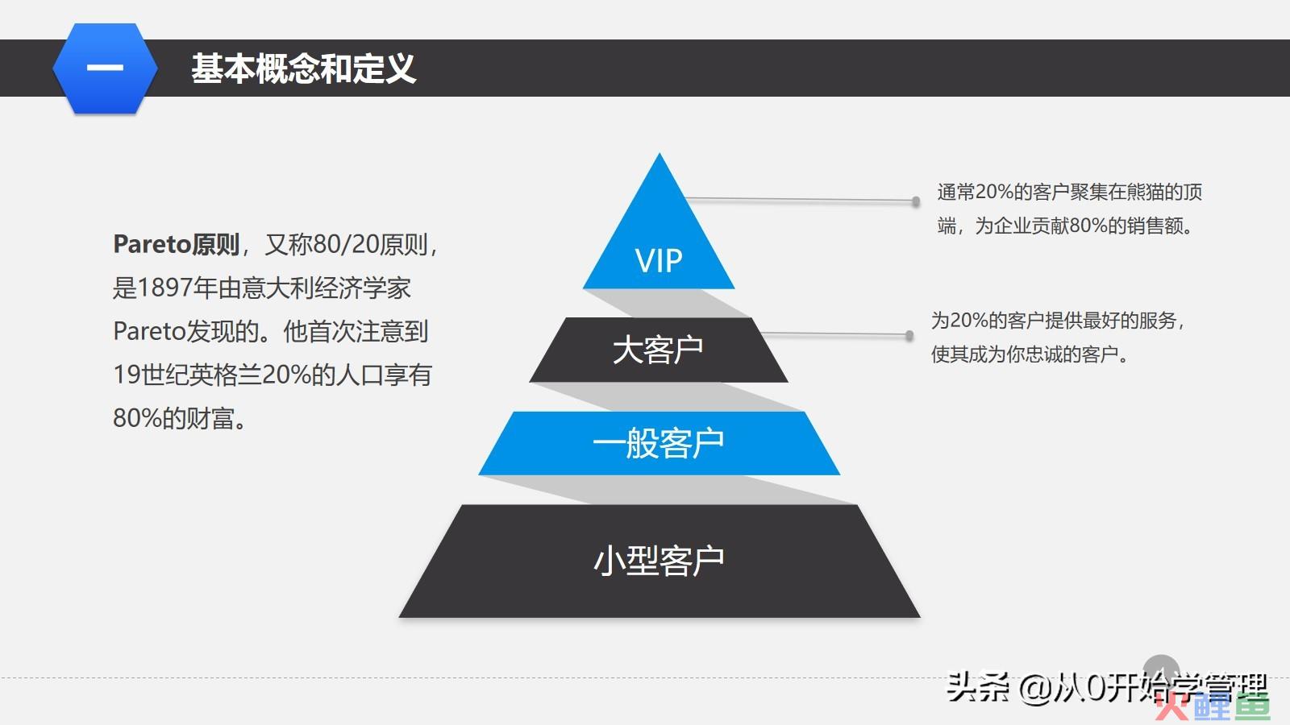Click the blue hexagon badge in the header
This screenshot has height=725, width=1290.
(106, 68)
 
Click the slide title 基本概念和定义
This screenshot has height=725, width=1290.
(303, 68)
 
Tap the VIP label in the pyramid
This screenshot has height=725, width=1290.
(659, 261)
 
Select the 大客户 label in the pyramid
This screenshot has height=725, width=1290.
(658, 350)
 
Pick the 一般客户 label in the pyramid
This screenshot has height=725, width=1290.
(658, 443)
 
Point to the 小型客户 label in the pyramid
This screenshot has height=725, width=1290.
(658, 561)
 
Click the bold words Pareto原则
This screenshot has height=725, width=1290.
(177, 245)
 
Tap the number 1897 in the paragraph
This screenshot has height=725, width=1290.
(165, 288)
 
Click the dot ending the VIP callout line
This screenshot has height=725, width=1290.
(916, 201)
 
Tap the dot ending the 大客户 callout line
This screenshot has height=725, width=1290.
(909, 335)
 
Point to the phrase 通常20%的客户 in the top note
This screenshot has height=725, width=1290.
(1003, 192)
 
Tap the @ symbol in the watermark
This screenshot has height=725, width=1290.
(1035, 689)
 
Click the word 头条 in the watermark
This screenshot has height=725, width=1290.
(977, 688)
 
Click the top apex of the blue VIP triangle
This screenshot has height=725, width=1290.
(660, 153)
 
